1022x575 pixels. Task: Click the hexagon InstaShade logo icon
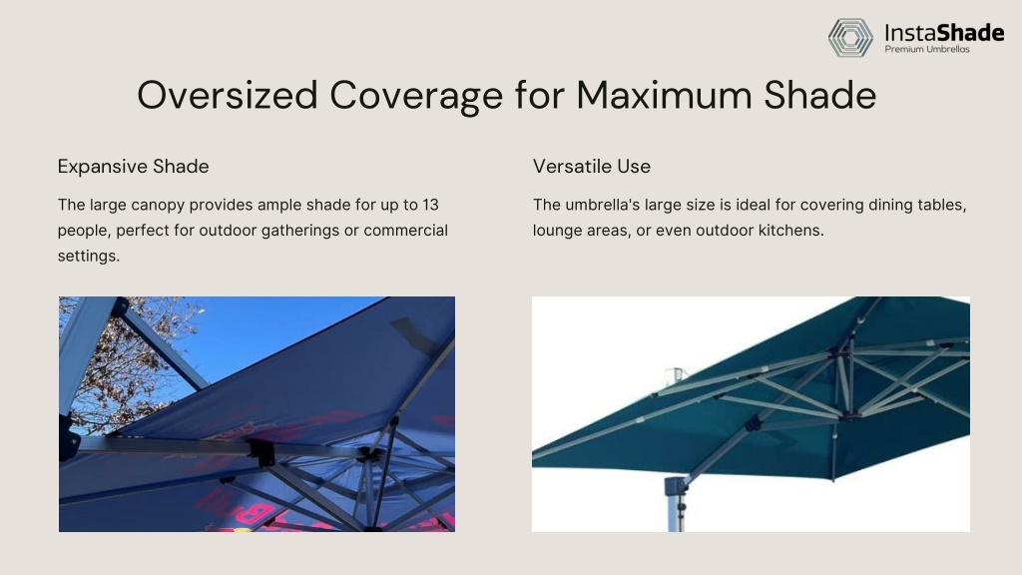click(x=850, y=37)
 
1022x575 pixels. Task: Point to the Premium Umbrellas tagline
click(x=927, y=49)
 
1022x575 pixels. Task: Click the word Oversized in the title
click(x=228, y=95)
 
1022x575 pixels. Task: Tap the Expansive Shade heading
click(x=133, y=167)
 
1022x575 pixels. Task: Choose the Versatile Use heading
click(x=591, y=167)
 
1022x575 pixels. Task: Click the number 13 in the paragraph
click(x=430, y=205)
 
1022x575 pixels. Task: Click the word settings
click(x=89, y=257)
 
